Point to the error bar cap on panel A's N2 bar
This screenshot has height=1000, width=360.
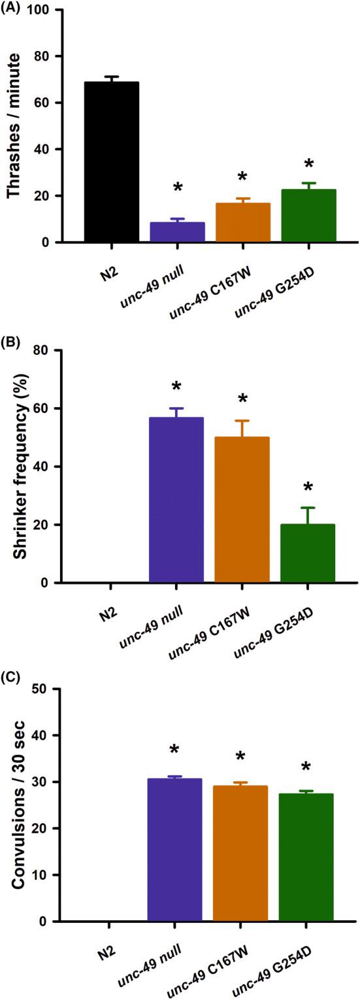110,76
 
